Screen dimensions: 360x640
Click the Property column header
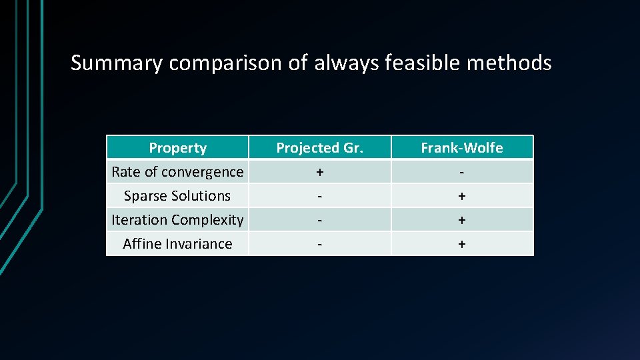tap(177, 148)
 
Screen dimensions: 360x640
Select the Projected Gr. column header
tap(320, 148)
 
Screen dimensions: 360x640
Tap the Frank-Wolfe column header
tap(462, 148)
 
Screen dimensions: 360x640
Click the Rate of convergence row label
tap(177, 172)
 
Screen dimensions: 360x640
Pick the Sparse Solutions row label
tap(177, 196)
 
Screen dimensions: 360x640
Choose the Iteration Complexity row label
tap(177, 220)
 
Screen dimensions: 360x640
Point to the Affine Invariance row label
tap(177, 244)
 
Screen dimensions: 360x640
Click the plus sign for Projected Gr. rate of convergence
tap(320, 172)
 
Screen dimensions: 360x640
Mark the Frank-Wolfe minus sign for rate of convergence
tap(462, 172)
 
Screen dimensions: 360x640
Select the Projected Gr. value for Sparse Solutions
tap(320, 196)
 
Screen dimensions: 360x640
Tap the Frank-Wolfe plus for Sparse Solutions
tap(462, 196)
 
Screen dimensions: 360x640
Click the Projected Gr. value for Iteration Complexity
tap(320, 220)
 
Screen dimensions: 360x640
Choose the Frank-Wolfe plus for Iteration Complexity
tap(462, 220)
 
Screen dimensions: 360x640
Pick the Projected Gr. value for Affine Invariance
tap(320, 244)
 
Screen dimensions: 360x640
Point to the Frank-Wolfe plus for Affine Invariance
tap(462, 244)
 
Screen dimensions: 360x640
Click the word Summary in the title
tap(117, 63)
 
